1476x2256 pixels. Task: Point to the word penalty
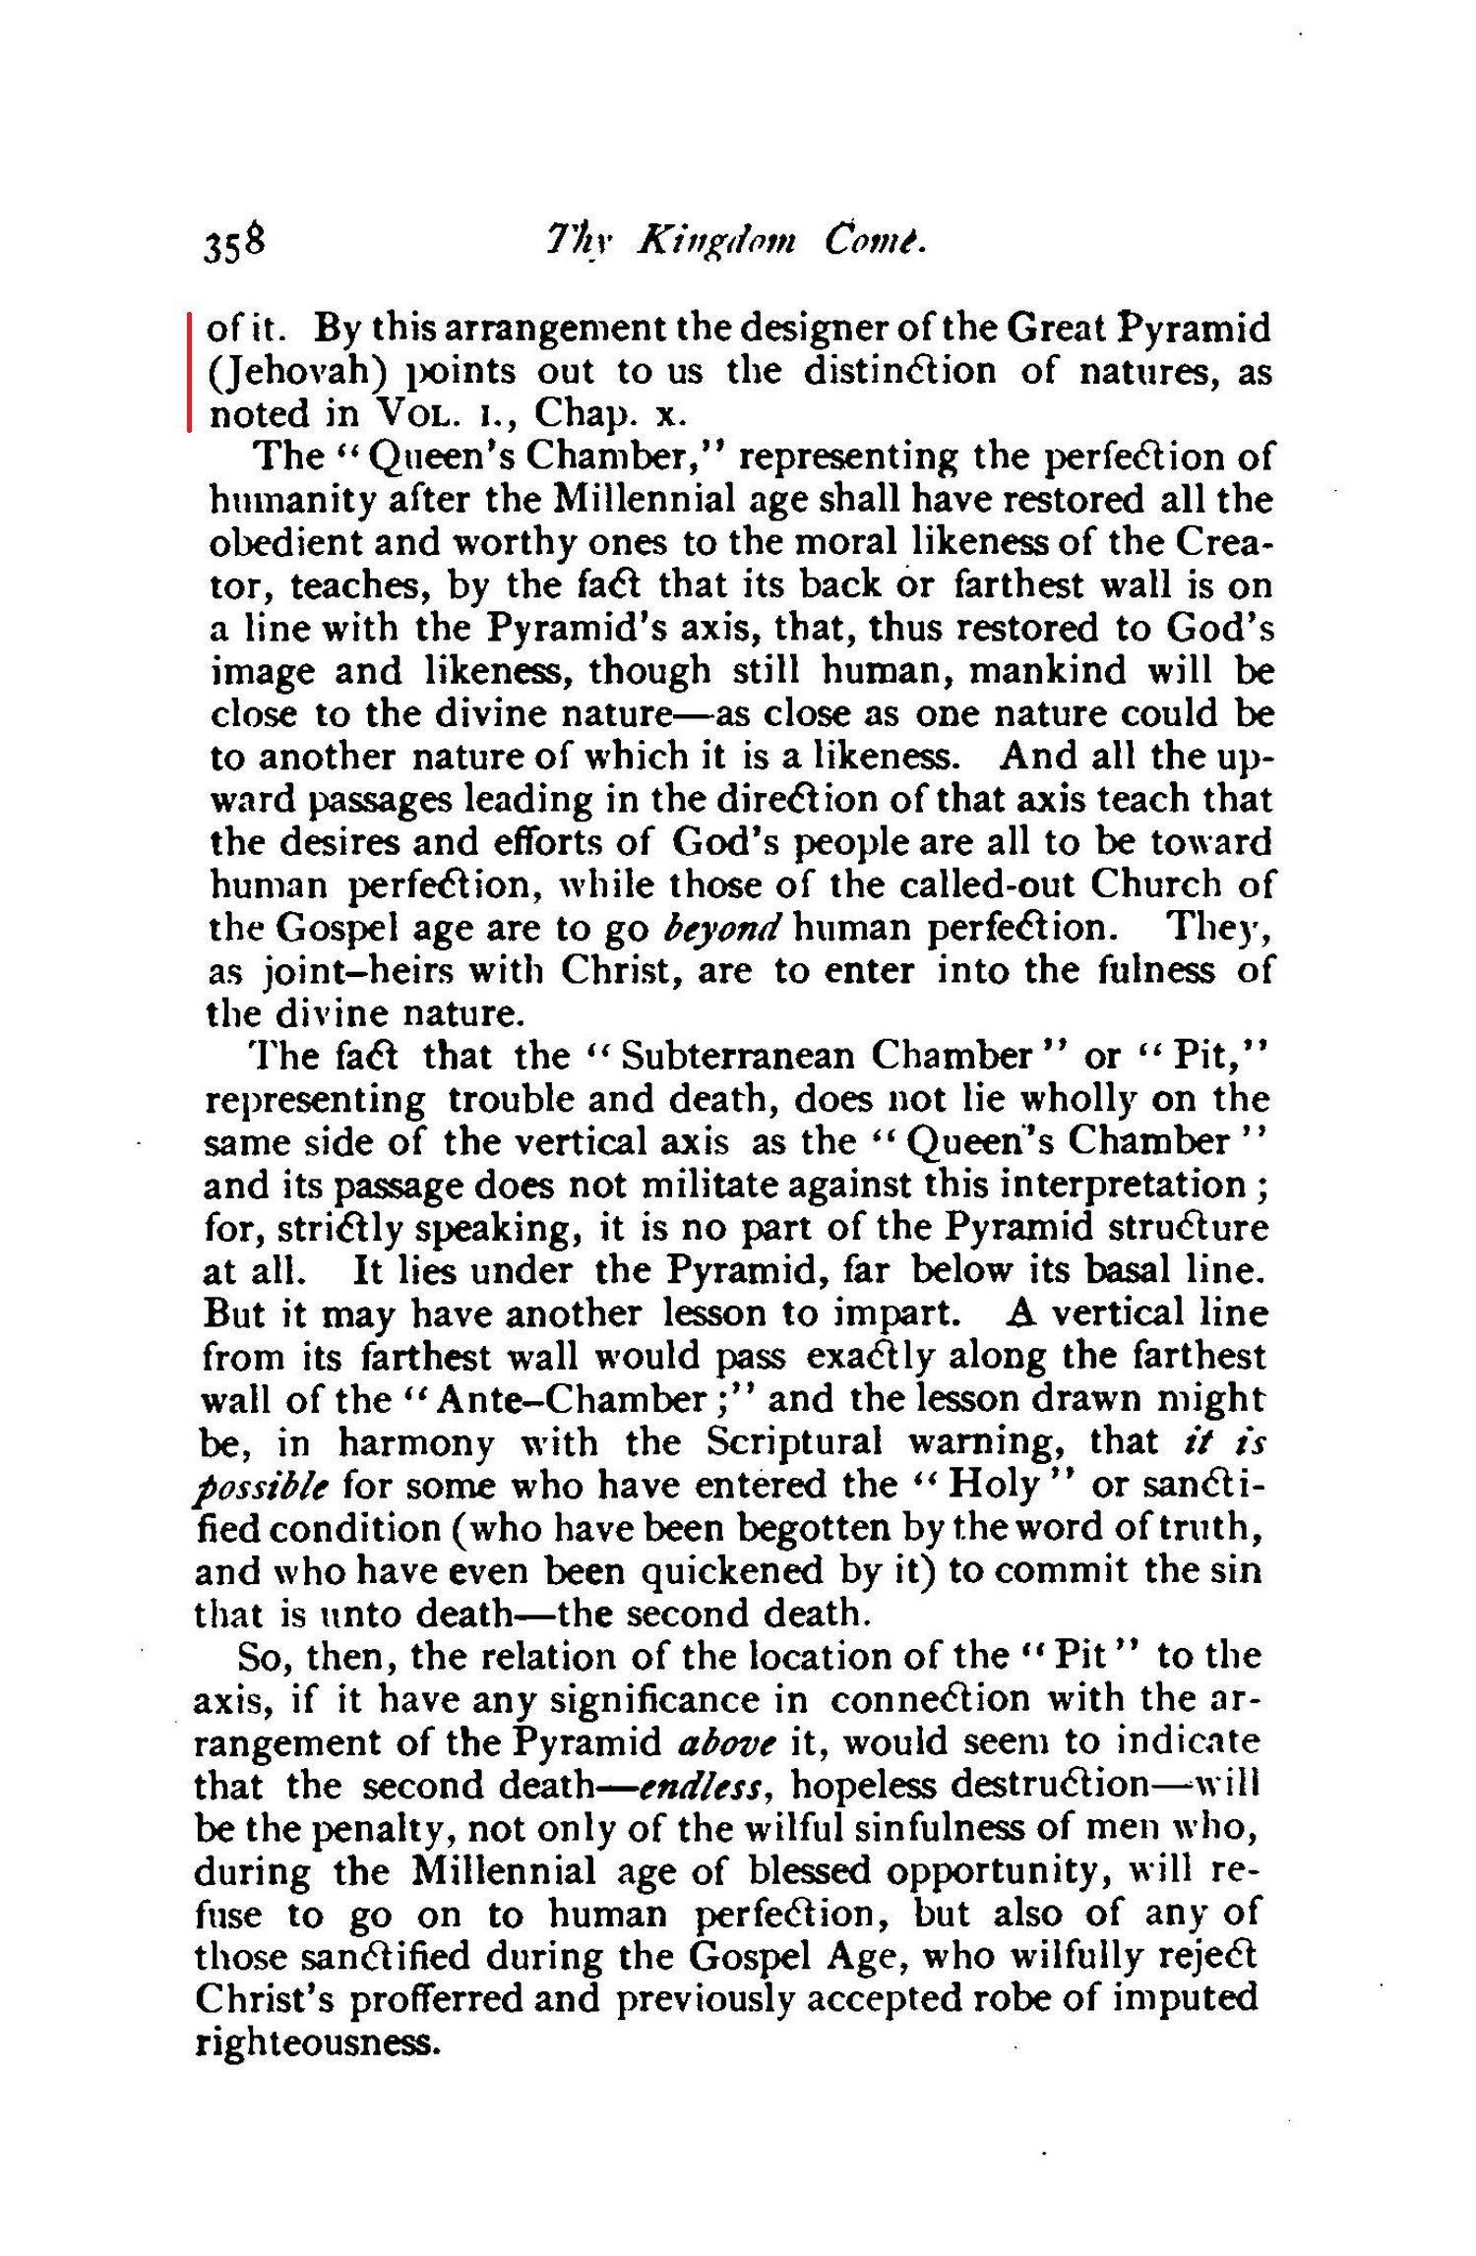click(375, 1828)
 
